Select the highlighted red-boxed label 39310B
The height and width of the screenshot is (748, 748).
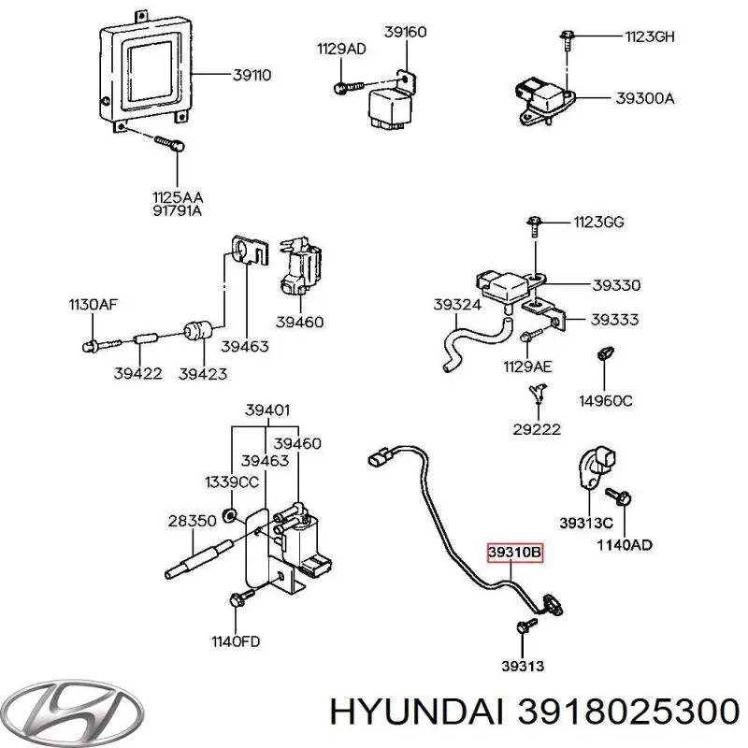(x=513, y=554)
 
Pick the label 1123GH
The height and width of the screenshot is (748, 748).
(x=650, y=37)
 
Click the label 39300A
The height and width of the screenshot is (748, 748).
(x=644, y=97)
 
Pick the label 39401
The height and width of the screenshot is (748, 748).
(x=267, y=408)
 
